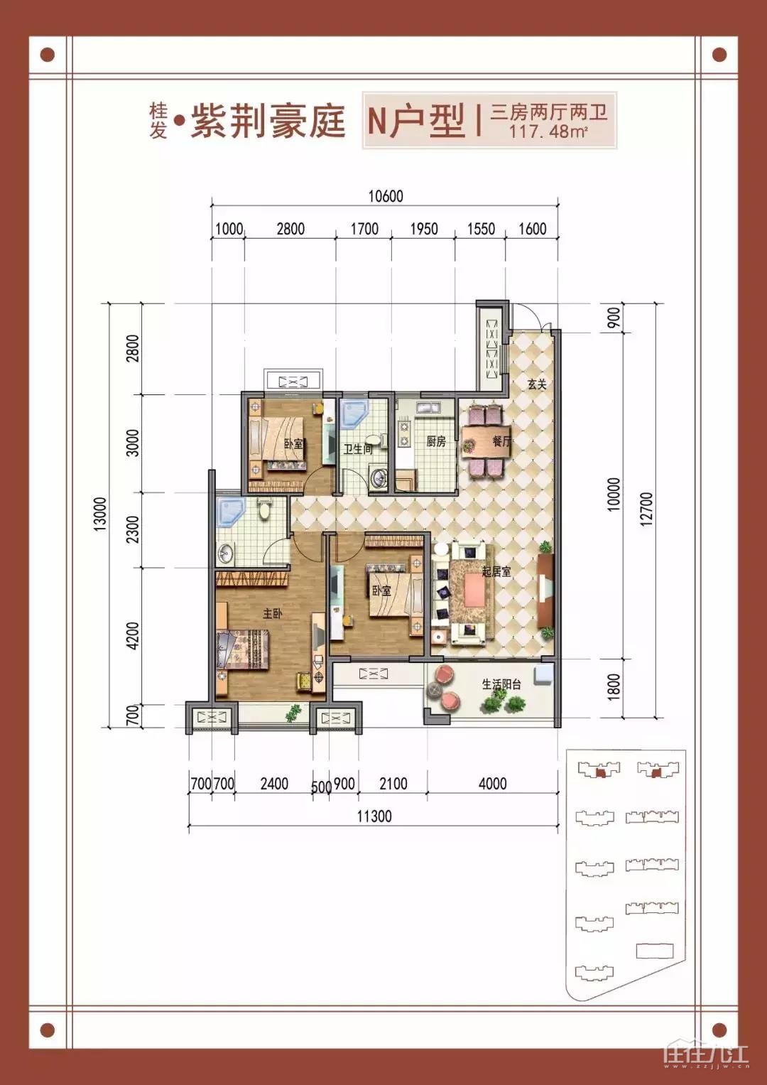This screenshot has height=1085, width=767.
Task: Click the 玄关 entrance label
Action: point(537,384)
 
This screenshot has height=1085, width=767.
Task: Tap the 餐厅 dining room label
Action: point(501,441)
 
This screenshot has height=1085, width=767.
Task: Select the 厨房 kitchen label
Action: point(436,441)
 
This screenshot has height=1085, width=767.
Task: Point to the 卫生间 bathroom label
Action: point(359,449)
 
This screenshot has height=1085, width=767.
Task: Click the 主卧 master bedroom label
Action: point(272,614)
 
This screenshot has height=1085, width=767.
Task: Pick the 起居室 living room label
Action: point(496,571)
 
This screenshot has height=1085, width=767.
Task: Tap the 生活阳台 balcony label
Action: point(501,684)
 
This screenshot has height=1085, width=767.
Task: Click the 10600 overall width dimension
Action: point(386,196)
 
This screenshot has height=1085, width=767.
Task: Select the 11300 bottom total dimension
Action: point(374,816)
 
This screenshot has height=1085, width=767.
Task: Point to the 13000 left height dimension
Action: point(100,514)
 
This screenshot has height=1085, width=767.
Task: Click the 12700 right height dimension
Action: point(646,509)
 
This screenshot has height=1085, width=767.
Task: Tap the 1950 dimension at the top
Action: point(424,229)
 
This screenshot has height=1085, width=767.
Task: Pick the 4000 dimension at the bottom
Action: point(492,783)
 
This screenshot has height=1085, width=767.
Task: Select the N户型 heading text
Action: point(416,121)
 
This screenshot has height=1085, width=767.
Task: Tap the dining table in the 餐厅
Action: point(486,441)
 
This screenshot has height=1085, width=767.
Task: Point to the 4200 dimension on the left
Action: point(131,636)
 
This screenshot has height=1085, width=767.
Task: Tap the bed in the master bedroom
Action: point(242,649)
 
